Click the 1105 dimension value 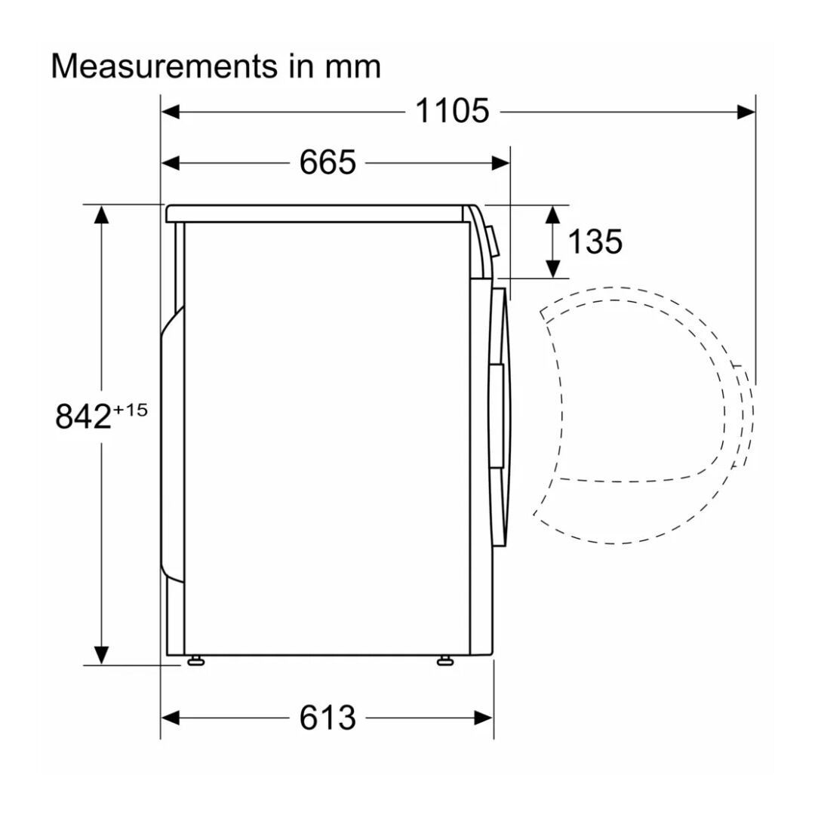point(452,111)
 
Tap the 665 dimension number point(328,163)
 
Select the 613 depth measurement point(328,718)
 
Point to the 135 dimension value point(595,241)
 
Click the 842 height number point(83,417)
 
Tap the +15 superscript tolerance point(131,410)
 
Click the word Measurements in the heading point(165,66)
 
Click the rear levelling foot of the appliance point(196,660)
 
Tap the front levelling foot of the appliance point(445,660)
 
